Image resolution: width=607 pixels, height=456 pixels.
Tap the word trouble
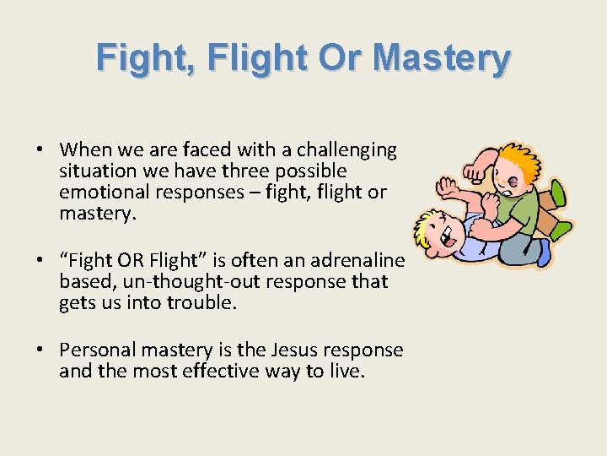tap(201, 302)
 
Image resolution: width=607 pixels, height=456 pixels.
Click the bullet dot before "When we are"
tap(40, 150)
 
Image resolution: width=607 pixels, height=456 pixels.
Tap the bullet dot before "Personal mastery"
tap(40, 350)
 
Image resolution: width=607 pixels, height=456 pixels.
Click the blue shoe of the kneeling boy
tap(544, 252)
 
